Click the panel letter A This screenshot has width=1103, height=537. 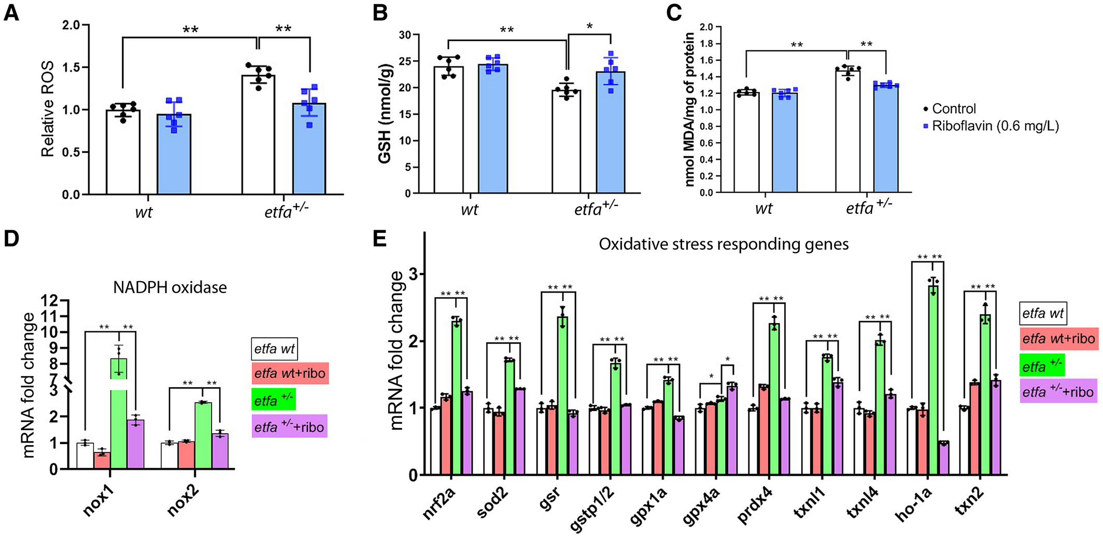[x=11, y=12]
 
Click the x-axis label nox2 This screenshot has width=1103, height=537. [x=183, y=501]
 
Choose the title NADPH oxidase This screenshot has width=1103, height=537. [x=170, y=287]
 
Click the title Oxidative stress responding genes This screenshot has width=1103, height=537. [x=724, y=244]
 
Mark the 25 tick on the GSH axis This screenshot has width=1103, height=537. [x=405, y=61]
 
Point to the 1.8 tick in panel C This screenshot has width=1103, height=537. [x=706, y=44]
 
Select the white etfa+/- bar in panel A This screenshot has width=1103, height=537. [x=258, y=135]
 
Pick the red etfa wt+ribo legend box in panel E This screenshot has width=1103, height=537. [x=1058, y=339]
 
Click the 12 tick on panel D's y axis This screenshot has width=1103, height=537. [x=51, y=300]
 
